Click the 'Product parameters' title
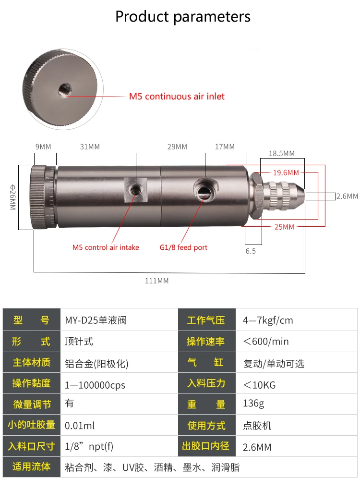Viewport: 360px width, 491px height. pyautogui.click(x=183, y=17)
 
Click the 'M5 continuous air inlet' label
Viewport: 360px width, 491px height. pyautogui.click(x=177, y=97)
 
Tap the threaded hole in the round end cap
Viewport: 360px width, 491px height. pyautogui.click(x=65, y=90)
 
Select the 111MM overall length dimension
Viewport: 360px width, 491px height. pyautogui.click(x=156, y=281)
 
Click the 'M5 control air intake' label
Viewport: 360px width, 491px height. pyautogui.click(x=106, y=247)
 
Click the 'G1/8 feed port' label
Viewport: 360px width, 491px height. pyautogui.click(x=183, y=247)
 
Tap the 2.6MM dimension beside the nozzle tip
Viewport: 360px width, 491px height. pyautogui.click(x=348, y=196)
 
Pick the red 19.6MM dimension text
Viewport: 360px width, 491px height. pyautogui.click(x=286, y=172)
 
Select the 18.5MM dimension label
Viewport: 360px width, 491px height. pyautogui.click(x=282, y=153)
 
